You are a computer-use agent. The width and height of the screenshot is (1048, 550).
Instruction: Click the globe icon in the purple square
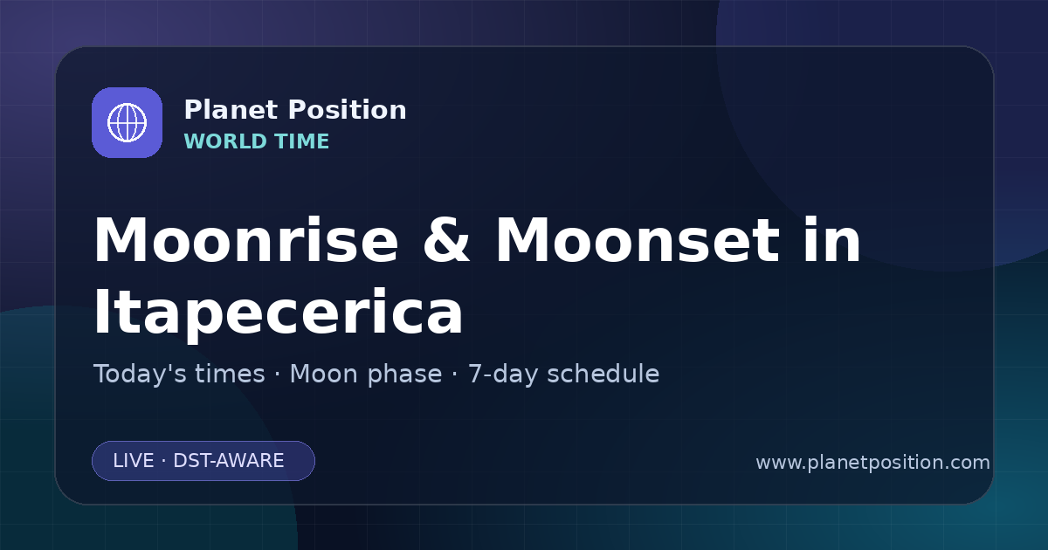point(127,122)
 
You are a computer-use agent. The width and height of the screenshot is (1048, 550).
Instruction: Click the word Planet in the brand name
point(231,110)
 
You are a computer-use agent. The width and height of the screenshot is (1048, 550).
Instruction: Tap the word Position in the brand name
point(348,110)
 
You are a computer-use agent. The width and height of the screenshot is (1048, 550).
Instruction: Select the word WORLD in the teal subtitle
point(224,141)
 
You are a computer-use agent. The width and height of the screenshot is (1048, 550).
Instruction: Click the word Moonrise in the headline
point(246,240)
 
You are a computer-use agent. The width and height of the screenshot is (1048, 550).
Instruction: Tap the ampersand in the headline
point(446,240)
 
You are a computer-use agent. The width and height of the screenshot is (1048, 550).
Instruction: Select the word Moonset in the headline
point(638,240)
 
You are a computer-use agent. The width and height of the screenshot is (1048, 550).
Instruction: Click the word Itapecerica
point(279,312)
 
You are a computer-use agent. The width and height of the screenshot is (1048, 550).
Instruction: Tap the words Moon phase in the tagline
point(366,375)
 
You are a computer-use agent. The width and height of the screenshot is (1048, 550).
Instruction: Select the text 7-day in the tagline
point(503,375)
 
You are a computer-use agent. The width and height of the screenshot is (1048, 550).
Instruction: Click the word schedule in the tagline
point(603,374)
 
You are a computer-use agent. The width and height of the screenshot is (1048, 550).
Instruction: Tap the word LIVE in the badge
point(134,461)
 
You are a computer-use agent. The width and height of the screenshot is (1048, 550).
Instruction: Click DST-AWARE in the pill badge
point(229,461)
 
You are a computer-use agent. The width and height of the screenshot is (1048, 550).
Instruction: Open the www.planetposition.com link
point(873,463)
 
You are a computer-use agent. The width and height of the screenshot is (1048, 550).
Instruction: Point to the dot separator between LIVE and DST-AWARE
point(164,461)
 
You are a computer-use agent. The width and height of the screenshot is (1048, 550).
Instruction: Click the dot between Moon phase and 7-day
point(455,375)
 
